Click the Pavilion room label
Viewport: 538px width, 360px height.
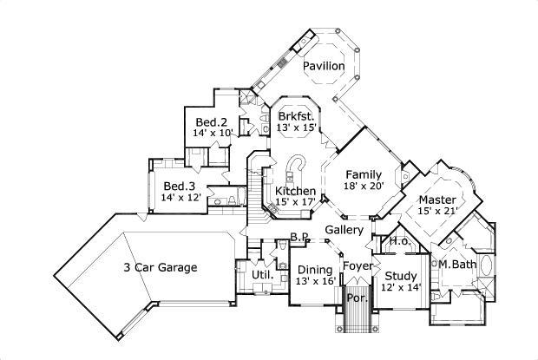point(324,67)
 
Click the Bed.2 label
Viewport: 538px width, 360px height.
point(211,121)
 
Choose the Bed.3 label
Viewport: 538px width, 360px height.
point(180,186)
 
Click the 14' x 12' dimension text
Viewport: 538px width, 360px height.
point(180,198)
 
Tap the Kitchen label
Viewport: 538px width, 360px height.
point(295,191)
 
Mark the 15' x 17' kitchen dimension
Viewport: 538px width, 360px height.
point(295,203)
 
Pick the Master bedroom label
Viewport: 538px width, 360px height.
point(436,199)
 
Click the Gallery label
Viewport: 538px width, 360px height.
point(344,230)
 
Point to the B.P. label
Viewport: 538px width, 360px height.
point(300,236)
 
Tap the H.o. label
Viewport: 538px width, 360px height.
point(400,241)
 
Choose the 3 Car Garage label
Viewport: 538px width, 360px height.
point(160,267)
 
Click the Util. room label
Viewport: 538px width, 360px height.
point(262,276)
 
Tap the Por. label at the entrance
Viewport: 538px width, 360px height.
point(356,298)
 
